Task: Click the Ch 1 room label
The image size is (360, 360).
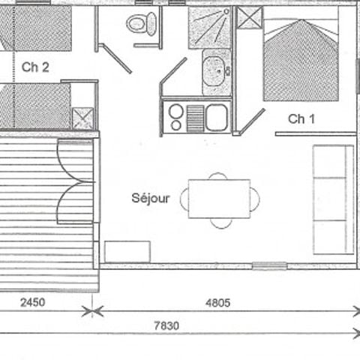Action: pyautogui.click(x=301, y=118)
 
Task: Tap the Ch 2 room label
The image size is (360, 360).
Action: pyautogui.click(x=35, y=67)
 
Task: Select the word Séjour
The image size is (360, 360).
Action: pyautogui.click(x=151, y=199)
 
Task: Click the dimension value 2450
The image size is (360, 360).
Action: pyautogui.click(x=32, y=304)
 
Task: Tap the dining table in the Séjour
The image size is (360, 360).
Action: pyautogui.click(x=219, y=198)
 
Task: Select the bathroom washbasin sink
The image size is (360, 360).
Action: pyautogui.click(x=217, y=71)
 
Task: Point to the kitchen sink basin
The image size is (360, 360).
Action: pyautogui.click(x=217, y=116)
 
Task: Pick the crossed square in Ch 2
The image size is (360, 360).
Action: pyautogui.click(x=82, y=118)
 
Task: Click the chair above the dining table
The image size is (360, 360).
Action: pyautogui.click(x=218, y=176)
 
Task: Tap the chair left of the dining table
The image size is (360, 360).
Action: pyautogui.click(x=183, y=199)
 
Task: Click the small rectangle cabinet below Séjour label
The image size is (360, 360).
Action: pyautogui.click(x=127, y=251)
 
